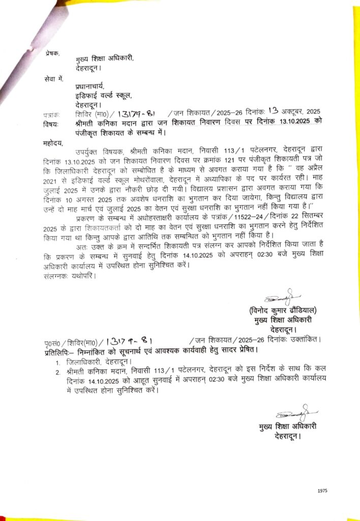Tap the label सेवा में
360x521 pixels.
tap(54, 78)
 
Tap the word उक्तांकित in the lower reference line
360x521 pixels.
tap(304, 339)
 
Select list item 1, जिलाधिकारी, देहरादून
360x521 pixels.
tap(99, 361)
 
